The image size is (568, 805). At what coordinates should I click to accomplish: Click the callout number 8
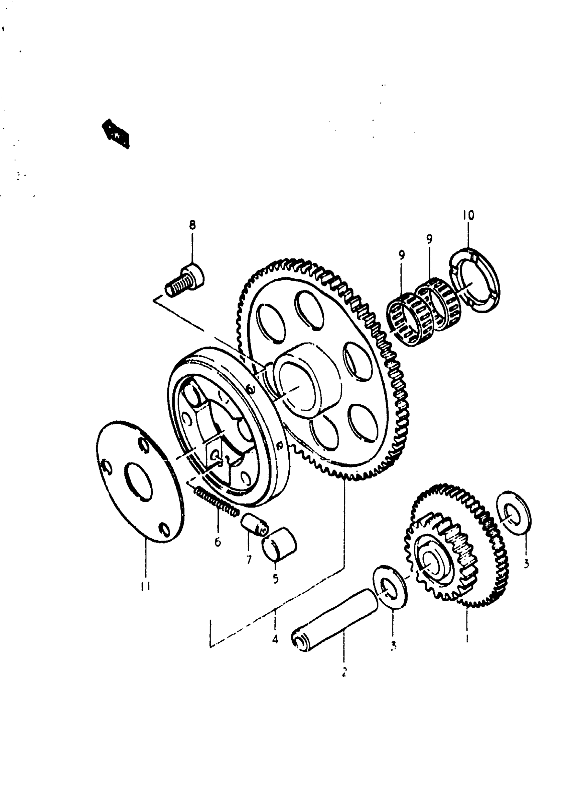tap(192, 225)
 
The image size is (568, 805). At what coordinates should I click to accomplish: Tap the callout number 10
tap(468, 215)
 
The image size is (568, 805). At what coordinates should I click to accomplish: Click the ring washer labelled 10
tap(474, 280)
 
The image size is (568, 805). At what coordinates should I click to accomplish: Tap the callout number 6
tap(218, 542)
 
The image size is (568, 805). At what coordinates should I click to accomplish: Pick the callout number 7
tap(249, 560)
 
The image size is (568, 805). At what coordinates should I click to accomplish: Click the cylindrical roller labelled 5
tap(280, 545)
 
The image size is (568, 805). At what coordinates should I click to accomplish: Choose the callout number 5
tap(276, 579)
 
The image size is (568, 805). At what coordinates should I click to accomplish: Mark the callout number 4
tap(275, 639)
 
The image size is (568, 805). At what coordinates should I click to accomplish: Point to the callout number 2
tap(344, 672)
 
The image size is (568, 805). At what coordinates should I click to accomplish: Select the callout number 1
tap(467, 638)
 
